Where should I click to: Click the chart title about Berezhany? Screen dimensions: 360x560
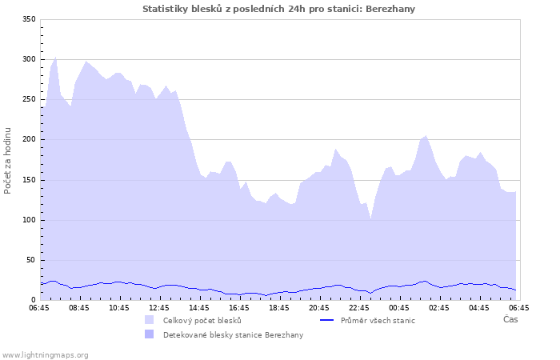tap(278, 9)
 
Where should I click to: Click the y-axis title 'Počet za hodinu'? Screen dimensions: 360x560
tap(8, 160)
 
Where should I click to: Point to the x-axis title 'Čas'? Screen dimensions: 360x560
tap(510, 319)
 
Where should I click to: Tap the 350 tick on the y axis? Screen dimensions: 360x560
tap(29, 19)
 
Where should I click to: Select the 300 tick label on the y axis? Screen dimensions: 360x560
tap(29, 59)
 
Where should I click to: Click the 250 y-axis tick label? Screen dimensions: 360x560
tap(29, 99)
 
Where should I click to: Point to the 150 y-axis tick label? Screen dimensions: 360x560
tap(29, 180)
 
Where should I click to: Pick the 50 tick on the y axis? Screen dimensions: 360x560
tap(31, 260)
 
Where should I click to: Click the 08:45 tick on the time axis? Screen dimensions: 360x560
tap(79, 307)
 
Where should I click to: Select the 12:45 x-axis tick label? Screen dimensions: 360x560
tap(159, 307)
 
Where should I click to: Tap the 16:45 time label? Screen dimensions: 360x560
tap(239, 307)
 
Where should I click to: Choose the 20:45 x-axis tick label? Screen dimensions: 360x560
tap(319, 307)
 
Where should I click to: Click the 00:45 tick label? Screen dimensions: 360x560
tap(399, 307)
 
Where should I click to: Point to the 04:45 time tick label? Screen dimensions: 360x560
tap(479, 307)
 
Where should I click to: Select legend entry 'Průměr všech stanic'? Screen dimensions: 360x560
tap(378, 320)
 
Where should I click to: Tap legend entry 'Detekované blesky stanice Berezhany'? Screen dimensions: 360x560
tap(233, 334)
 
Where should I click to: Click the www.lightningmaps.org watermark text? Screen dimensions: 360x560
tap(46, 354)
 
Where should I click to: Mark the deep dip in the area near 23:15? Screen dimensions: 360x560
tap(370, 218)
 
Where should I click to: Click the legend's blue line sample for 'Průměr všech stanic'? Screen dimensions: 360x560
tap(326, 320)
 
